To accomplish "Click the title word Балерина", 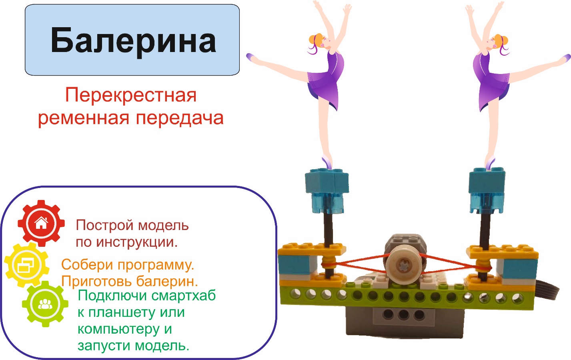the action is point(133,41).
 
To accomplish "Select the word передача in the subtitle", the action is point(180,118).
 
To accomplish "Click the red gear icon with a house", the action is point(41,223).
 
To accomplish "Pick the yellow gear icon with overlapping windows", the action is point(27,265).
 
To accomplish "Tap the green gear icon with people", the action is point(45,304).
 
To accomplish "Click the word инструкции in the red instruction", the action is point(137,242).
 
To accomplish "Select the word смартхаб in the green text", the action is point(184,296).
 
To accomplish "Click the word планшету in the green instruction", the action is point(122,313).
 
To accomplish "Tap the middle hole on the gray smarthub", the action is point(403,315).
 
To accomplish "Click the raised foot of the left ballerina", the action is point(251,57).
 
